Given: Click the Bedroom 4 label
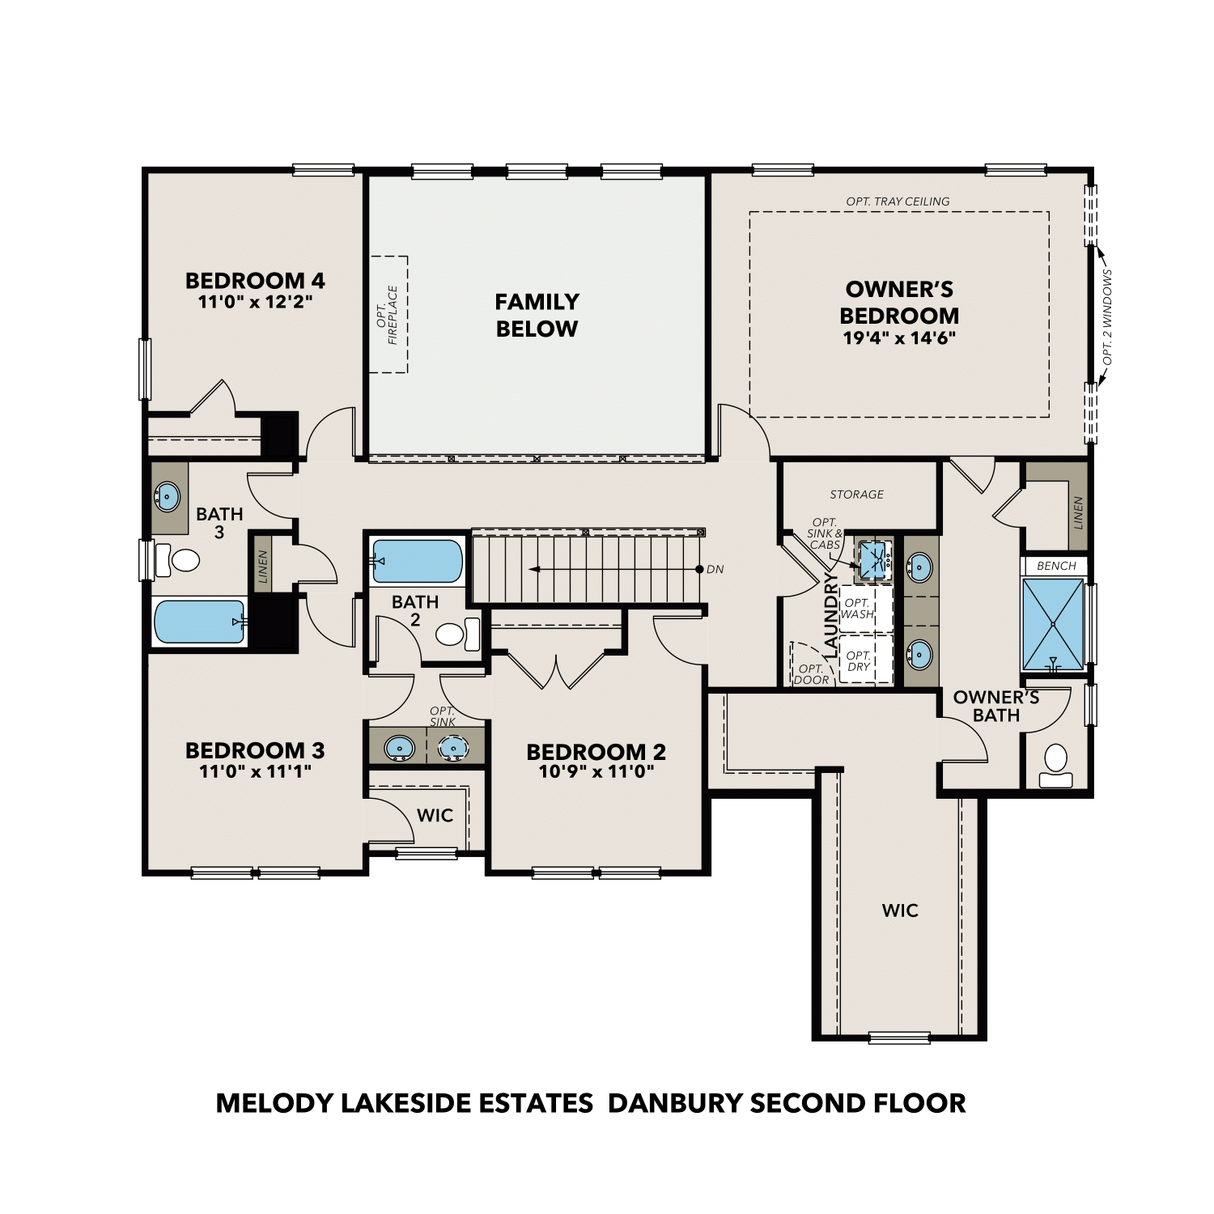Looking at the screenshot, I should [255, 281].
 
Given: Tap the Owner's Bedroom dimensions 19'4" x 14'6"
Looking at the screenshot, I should [899, 337].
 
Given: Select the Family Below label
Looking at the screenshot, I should [537, 315].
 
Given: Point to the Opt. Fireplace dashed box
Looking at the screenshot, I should [388, 314].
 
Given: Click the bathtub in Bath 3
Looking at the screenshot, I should [199, 622].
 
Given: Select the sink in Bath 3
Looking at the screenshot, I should [168, 496].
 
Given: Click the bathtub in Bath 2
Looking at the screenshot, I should [418, 561].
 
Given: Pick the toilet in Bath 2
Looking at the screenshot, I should [456, 633].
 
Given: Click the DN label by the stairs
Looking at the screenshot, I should [715, 570].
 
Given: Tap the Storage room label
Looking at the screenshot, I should [856, 495].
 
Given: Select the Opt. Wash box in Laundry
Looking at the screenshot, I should [858, 609].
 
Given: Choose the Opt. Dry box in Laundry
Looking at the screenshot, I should [859, 661].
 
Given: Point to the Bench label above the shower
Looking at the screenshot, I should [1056, 566].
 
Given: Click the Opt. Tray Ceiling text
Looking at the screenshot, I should [898, 202].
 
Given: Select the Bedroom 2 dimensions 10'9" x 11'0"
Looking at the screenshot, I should [596, 772].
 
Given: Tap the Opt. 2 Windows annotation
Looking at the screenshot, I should [1107, 316].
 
